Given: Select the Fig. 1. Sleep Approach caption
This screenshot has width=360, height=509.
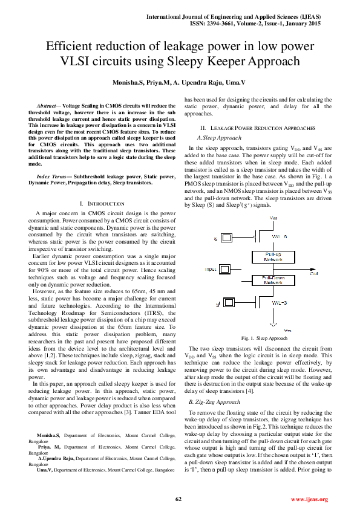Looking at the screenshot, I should tap(264, 338).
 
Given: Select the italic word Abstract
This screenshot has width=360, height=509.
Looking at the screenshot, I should tap(49, 105).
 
